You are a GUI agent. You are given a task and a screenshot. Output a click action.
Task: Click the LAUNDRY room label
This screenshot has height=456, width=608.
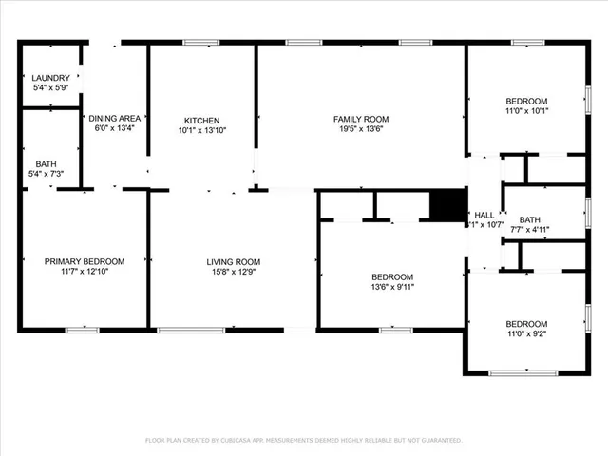49,78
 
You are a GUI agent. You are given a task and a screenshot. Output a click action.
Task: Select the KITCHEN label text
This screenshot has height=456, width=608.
201,121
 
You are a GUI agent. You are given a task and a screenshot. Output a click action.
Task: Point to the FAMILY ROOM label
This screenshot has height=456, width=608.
361,119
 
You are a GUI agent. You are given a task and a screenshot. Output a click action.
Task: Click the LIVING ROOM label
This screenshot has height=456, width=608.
234,261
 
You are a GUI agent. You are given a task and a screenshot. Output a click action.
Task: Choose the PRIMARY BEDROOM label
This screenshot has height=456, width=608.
85,261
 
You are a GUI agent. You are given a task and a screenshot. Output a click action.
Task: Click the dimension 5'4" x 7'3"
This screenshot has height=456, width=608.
46,174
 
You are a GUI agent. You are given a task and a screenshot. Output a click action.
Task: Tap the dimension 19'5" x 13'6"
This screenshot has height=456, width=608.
361,129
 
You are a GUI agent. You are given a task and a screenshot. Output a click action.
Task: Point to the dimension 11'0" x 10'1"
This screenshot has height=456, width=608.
525,111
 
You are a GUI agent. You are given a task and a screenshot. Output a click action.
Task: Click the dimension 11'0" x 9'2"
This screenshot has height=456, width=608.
525,333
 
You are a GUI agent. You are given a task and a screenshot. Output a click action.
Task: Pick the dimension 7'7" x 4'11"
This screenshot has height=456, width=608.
529,229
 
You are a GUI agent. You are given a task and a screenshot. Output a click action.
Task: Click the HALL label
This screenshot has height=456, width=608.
484,216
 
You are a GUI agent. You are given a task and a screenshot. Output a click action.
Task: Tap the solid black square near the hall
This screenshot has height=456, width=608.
447,204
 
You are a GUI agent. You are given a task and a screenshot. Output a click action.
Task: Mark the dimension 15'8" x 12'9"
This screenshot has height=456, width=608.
234,272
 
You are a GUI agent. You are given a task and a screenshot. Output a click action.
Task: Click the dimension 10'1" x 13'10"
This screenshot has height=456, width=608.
201,130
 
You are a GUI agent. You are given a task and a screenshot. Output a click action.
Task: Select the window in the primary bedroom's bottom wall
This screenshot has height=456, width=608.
83,330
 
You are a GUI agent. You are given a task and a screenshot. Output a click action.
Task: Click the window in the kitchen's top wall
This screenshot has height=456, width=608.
201,42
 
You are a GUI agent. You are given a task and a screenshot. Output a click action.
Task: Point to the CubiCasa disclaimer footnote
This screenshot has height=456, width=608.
303,440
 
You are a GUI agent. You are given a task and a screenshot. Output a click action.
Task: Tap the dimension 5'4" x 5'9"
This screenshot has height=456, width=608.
49,88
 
